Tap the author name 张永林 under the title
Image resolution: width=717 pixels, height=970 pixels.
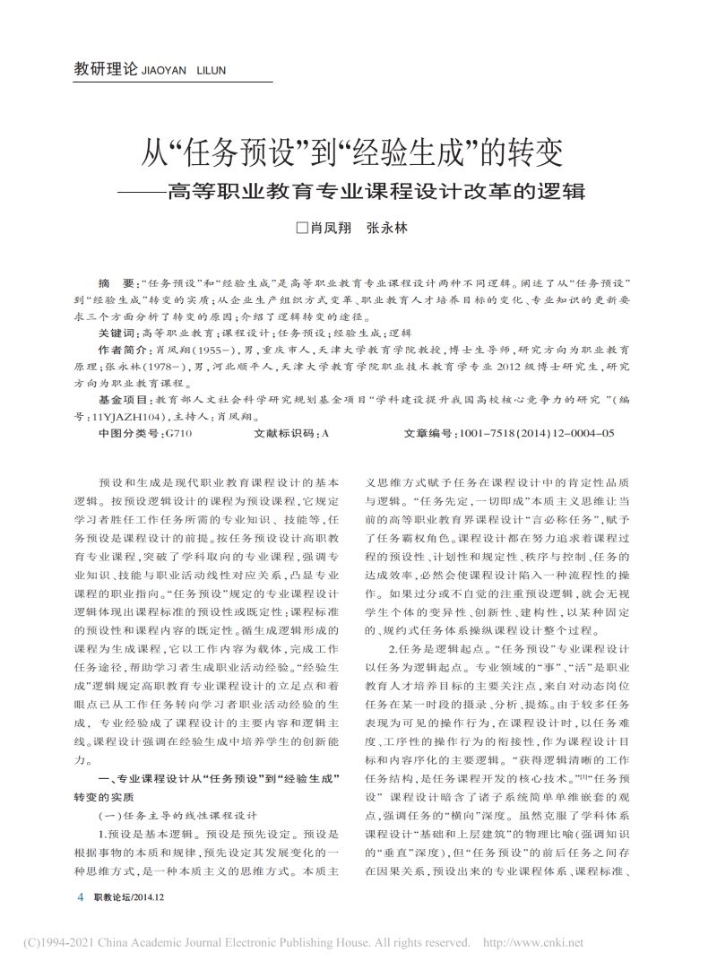coord(387,228)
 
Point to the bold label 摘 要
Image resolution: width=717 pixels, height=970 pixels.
coord(119,281)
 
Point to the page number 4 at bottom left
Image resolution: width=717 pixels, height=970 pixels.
coord(81,896)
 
